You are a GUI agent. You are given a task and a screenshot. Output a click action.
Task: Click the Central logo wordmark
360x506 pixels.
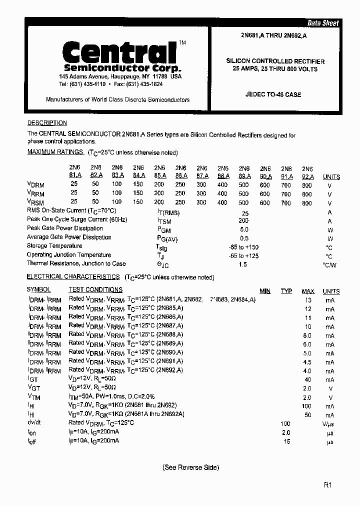(118, 52)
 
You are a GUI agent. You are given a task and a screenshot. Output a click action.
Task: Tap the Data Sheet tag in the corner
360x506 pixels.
(322, 23)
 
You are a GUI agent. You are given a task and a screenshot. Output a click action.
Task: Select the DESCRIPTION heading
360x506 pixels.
(47, 123)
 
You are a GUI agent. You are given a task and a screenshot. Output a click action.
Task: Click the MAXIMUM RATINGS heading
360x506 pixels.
(55, 152)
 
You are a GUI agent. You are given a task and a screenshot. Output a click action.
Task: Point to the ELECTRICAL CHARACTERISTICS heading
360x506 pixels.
(73, 276)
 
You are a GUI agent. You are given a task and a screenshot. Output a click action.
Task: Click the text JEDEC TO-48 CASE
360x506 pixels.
(273, 94)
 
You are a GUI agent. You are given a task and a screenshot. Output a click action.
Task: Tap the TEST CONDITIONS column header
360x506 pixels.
(95, 289)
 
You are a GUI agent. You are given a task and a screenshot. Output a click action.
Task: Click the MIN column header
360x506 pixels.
(265, 291)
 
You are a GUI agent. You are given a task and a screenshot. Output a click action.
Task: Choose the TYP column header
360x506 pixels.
(286, 291)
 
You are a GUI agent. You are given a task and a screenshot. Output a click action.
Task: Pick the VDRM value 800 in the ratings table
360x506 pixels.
(307, 185)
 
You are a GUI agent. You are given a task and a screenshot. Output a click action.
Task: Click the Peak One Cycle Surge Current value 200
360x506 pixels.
(243, 220)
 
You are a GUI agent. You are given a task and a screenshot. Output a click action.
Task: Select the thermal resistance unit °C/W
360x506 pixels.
(329, 265)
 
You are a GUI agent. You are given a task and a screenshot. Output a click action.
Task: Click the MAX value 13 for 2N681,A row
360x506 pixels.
(308, 300)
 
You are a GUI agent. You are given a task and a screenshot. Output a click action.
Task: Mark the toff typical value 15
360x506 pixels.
(286, 442)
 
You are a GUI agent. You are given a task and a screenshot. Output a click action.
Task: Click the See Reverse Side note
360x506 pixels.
(190, 467)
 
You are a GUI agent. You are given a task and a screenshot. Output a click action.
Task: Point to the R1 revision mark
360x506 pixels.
(327, 484)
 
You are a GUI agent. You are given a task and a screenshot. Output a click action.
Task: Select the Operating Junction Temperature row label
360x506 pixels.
(69, 254)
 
